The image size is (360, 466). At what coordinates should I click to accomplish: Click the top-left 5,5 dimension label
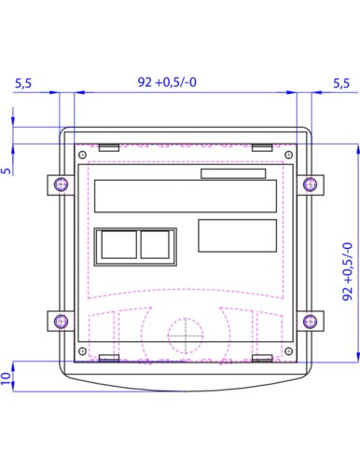tap(23, 83)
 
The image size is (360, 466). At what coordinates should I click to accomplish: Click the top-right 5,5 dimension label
tap(341, 83)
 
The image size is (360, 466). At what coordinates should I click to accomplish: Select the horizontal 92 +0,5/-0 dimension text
tap(167, 82)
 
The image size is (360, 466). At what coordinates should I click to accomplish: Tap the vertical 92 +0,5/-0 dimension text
tap(348, 271)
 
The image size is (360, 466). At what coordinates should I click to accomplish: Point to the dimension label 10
tap(6, 378)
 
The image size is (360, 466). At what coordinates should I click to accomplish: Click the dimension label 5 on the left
tap(6, 171)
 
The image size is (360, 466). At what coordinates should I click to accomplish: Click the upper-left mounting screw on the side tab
tap(61, 185)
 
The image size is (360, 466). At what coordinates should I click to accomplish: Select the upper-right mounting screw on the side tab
tap(310, 185)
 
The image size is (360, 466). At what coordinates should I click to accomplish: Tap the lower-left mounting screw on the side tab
tap(61, 321)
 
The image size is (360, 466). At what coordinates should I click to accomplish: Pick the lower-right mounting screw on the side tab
tap(310, 321)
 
